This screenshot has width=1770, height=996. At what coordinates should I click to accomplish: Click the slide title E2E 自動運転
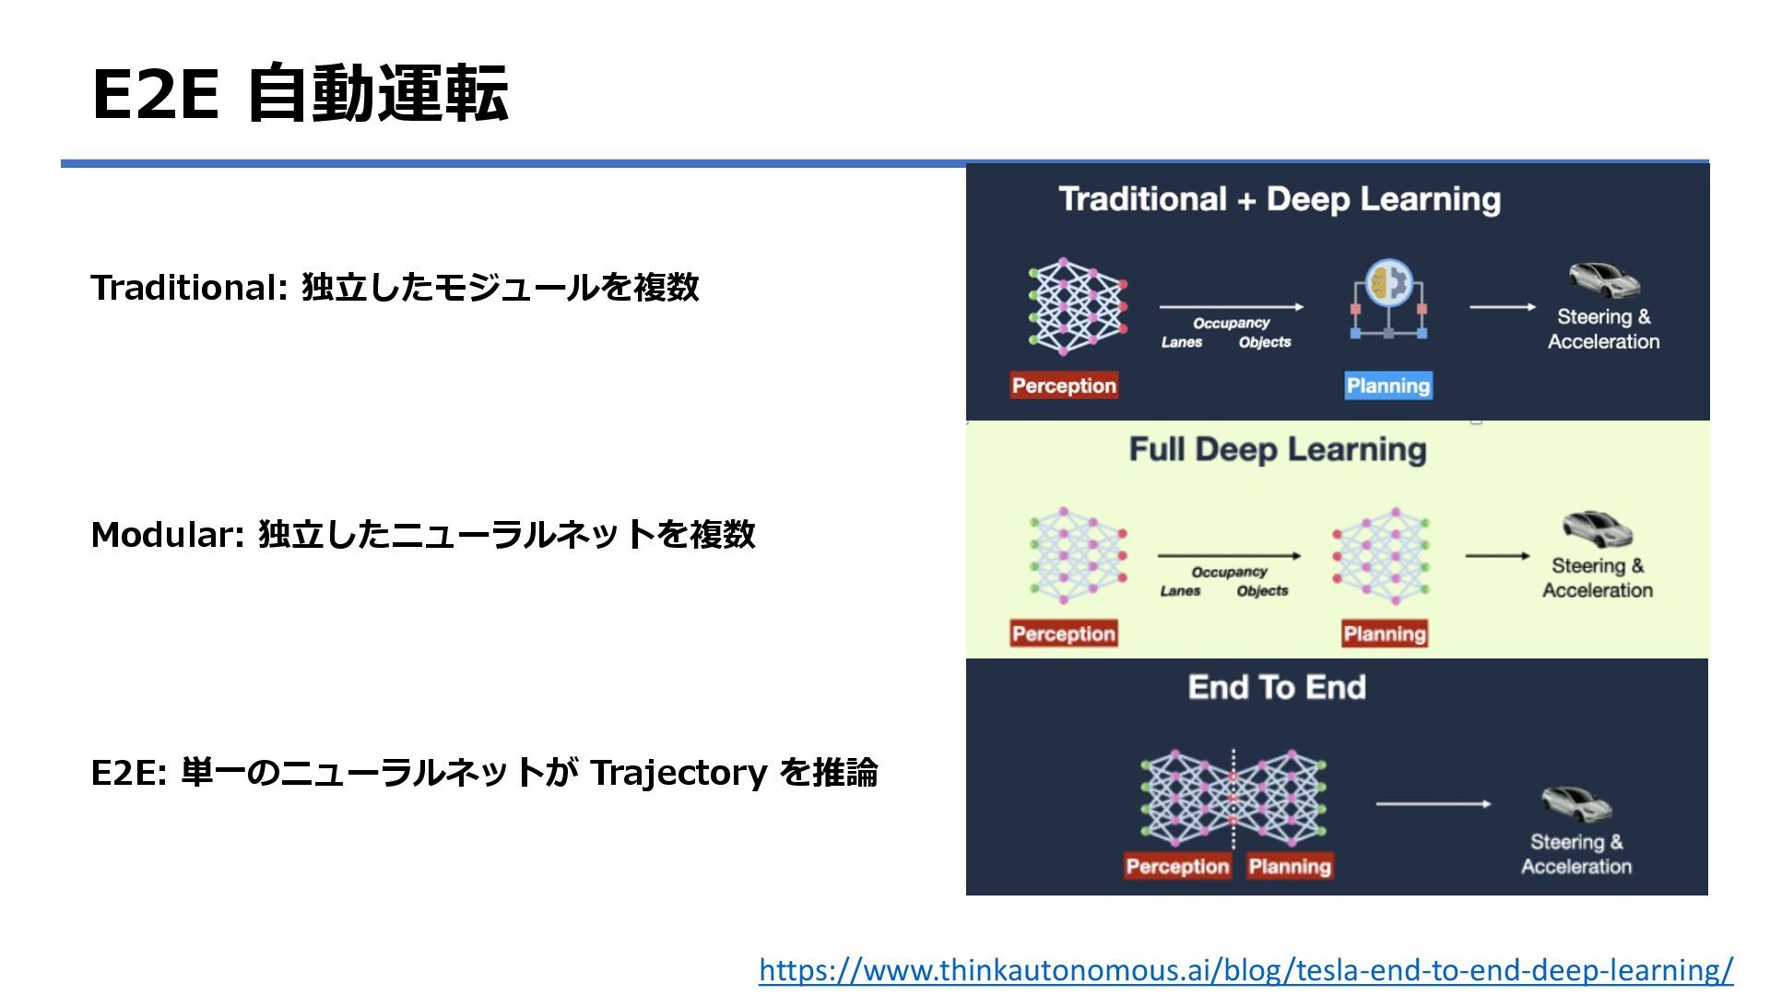[x=300, y=94]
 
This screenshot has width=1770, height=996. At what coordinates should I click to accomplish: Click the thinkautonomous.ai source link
[x=1245, y=970]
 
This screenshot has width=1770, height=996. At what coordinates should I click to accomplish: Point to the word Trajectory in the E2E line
[x=678, y=773]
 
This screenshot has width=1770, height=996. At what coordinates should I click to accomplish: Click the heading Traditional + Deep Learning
[x=1280, y=199]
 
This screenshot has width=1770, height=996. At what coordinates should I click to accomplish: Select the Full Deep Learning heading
[x=1277, y=450]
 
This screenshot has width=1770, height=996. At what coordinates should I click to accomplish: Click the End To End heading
[x=1277, y=687]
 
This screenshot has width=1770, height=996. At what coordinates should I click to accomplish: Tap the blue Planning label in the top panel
[x=1387, y=385]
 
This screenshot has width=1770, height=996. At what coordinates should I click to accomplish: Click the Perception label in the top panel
[x=1064, y=385]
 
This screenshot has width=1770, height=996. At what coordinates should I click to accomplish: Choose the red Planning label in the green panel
[x=1384, y=634]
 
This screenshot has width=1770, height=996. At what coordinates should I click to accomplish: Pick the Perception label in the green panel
[x=1063, y=634]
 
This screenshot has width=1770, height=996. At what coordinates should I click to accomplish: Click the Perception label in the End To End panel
[x=1177, y=866]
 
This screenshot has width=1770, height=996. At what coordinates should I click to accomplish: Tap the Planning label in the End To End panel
[x=1290, y=866]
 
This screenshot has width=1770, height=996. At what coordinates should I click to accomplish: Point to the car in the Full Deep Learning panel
[x=1597, y=529]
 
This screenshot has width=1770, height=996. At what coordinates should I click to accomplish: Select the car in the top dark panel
[x=1604, y=280]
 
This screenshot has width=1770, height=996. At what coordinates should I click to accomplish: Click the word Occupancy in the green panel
[x=1229, y=572]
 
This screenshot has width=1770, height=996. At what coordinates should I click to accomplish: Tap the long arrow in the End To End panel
[x=1433, y=804]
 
